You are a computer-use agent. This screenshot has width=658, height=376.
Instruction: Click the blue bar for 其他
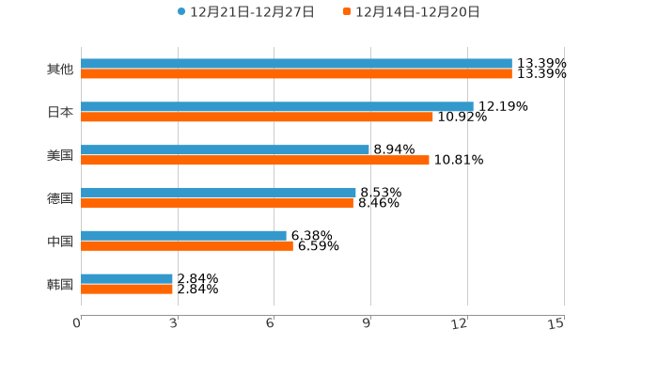point(296,64)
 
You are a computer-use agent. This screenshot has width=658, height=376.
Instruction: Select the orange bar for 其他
point(296,74)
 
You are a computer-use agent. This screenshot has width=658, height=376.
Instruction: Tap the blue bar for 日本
point(277,107)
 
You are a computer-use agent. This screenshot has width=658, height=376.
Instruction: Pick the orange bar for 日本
point(257,117)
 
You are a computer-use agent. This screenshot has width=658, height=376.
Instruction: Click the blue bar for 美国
point(225,150)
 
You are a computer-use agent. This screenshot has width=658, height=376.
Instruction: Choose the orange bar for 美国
point(255,161)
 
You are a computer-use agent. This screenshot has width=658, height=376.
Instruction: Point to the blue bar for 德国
point(218,193)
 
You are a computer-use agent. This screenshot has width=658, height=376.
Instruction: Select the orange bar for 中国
point(187,246)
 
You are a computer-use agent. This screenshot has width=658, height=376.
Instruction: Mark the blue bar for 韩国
point(127,278)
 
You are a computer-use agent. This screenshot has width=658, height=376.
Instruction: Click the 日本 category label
point(60,113)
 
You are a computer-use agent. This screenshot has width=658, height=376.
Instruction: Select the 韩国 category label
point(60,284)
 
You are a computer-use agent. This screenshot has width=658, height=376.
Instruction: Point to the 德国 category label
point(60,198)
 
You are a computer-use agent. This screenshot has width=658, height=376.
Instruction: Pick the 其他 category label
point(60,70)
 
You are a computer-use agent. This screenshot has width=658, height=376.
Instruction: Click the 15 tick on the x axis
point(556,323)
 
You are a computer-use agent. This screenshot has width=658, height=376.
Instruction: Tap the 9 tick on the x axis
point(368,323)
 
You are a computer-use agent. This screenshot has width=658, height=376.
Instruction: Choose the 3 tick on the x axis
point(175,323)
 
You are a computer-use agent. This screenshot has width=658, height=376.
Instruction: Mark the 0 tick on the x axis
point(78,323)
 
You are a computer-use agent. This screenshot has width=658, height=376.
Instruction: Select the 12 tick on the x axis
point(460,323)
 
